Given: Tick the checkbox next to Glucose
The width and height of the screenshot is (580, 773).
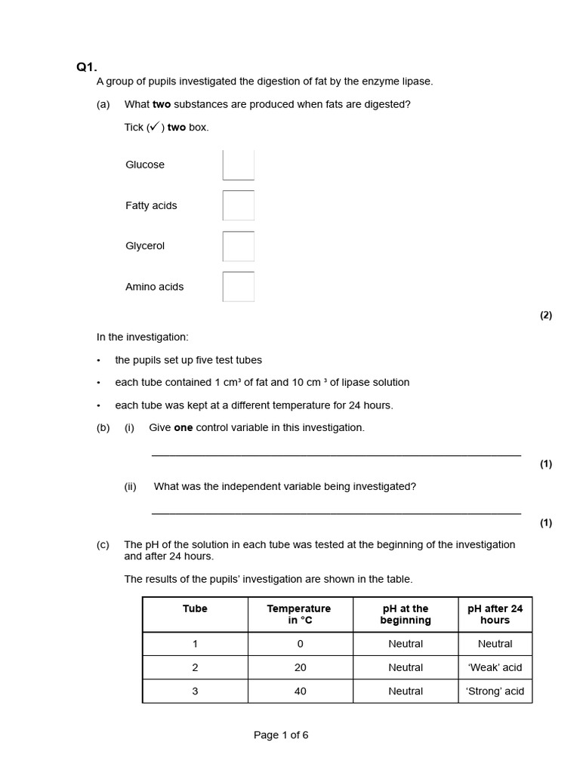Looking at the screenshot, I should click(239, 165).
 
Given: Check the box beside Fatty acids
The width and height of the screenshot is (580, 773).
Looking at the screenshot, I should click(239, 205).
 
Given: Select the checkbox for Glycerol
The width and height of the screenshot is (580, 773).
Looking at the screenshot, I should click(239, 246).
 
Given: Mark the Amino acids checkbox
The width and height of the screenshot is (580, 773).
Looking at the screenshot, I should click(239, 287).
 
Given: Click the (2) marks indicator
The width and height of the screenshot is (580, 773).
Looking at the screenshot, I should click(545, 316).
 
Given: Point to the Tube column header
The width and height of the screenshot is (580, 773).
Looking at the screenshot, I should click(195, 608).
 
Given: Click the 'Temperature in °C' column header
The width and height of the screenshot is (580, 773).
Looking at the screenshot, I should click(299, 614).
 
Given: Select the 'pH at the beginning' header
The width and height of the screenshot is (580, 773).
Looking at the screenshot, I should click(405, 614).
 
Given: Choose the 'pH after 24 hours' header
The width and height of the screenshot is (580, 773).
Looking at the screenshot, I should click(495, 614).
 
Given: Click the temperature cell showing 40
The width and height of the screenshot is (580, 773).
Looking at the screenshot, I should click(300, 691).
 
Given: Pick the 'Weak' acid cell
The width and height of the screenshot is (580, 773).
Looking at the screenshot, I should click(495, 667).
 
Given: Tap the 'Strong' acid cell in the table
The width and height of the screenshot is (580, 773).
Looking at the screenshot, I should click(495, 691).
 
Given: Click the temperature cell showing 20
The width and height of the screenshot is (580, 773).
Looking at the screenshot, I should click(300, 667).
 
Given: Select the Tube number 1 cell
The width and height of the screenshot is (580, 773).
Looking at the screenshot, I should click(195, 644).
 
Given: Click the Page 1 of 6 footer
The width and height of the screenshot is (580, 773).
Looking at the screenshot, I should click(281, 735).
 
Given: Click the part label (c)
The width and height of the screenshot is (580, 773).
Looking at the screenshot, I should click(103, 545).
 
